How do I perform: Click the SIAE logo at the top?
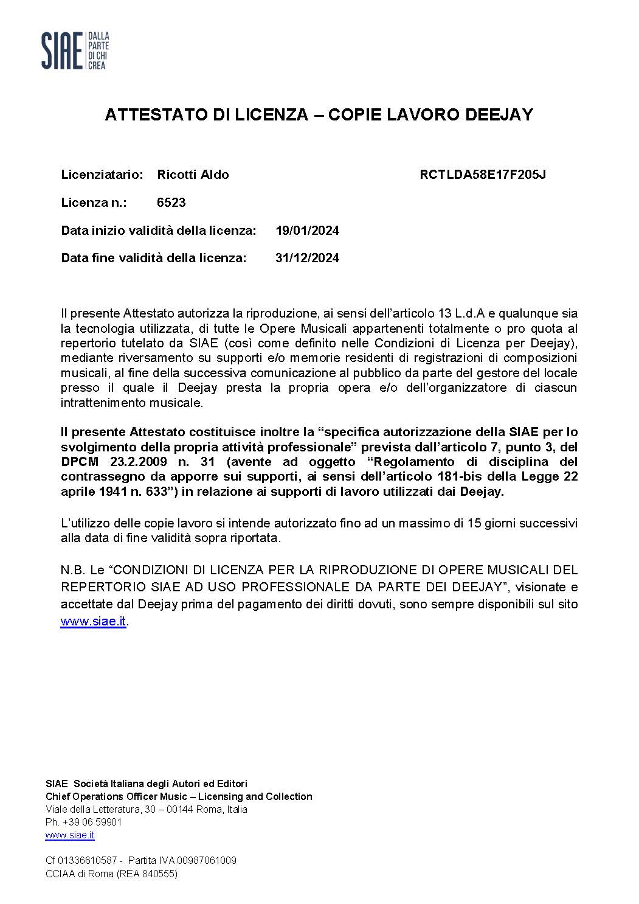(75, 50)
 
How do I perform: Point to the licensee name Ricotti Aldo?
(193, 175)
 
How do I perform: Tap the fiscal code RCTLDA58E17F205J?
(483, 175)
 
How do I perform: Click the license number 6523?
(171, 203)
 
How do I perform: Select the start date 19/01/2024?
(307, 231)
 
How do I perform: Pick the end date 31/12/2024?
(307, 258)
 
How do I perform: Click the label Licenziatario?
(102, 175)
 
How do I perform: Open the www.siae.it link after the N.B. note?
(93, 622)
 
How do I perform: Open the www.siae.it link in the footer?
(70, 835)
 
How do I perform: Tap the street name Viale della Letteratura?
(92, 809)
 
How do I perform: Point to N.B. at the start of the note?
(72, 571)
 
